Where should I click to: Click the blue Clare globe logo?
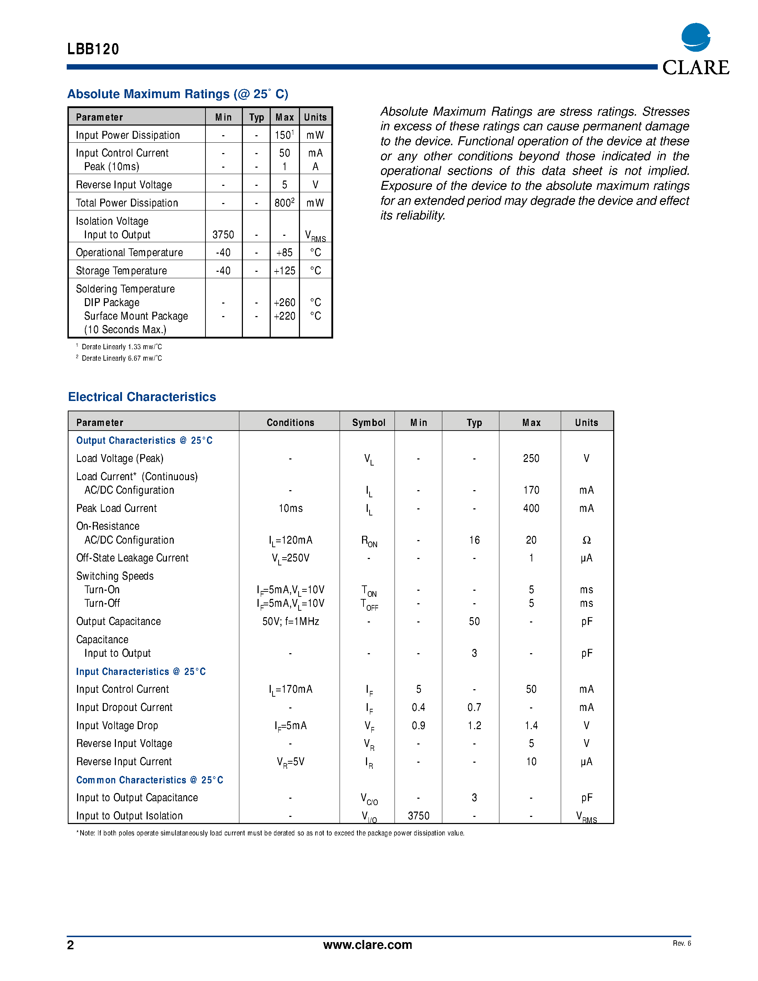tap(696, 37)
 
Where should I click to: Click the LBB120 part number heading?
tap(93, 49)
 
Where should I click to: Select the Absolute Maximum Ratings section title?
tap(177, 94)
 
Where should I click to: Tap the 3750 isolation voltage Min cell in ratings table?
tap(223, 234)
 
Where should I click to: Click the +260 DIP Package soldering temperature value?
tap(284, 302)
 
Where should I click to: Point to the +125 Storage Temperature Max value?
tap(284, 270)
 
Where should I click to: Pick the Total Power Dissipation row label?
tap(127, 203)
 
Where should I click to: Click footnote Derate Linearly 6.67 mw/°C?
tap(121, 358)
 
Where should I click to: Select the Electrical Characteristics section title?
tap(142, 397)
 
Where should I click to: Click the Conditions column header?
tap(290, 422)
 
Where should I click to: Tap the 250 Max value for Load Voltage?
tap(531, 458)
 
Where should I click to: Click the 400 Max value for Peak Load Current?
tap(531, 508)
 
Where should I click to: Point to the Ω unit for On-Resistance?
tap(586, 540)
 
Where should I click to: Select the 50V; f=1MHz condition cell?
tap(290, 621)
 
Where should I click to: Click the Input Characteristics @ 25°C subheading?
tap(141, 671)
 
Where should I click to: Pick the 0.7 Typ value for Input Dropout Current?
tap(474, 707)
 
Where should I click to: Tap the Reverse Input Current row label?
tap(124, 761)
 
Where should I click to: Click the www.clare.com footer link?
tap(367, 945)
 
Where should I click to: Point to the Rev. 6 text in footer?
tap(682, 943)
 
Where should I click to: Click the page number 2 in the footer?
tap(71, 945)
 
